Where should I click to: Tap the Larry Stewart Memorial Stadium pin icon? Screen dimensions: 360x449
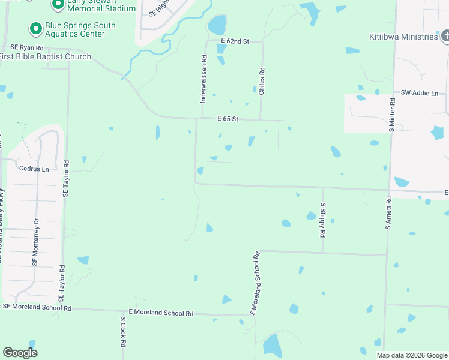click(58, 5)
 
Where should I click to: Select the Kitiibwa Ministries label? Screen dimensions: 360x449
click(403, 37)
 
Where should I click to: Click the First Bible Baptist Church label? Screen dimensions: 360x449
click(46, 57)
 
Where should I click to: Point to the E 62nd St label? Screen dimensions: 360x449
click(234, 40)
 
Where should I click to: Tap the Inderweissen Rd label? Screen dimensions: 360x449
click(204, 79)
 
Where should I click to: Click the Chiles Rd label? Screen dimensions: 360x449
click(262, 81)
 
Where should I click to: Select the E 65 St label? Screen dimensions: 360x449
click(228, 119)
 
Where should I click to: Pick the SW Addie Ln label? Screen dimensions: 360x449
click(420, 93)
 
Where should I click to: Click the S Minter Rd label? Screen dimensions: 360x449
click(391, 114)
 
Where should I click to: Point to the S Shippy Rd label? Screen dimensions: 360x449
click(323, 220)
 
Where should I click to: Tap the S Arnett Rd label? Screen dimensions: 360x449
click(388, 214)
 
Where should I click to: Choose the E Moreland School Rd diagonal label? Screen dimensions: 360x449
click(255, 283)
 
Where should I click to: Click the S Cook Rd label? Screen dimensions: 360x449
click(122, 333)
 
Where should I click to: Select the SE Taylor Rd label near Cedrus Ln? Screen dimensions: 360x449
click(66, 179)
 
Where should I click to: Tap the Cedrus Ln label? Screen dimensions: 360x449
click(34, 169)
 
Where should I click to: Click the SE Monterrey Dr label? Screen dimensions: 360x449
click(35, 242)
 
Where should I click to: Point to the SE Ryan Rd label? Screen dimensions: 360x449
click(27, 47)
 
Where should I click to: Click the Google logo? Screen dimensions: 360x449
click(20, 353)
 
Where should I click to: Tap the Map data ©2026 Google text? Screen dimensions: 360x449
click(411, 355)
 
